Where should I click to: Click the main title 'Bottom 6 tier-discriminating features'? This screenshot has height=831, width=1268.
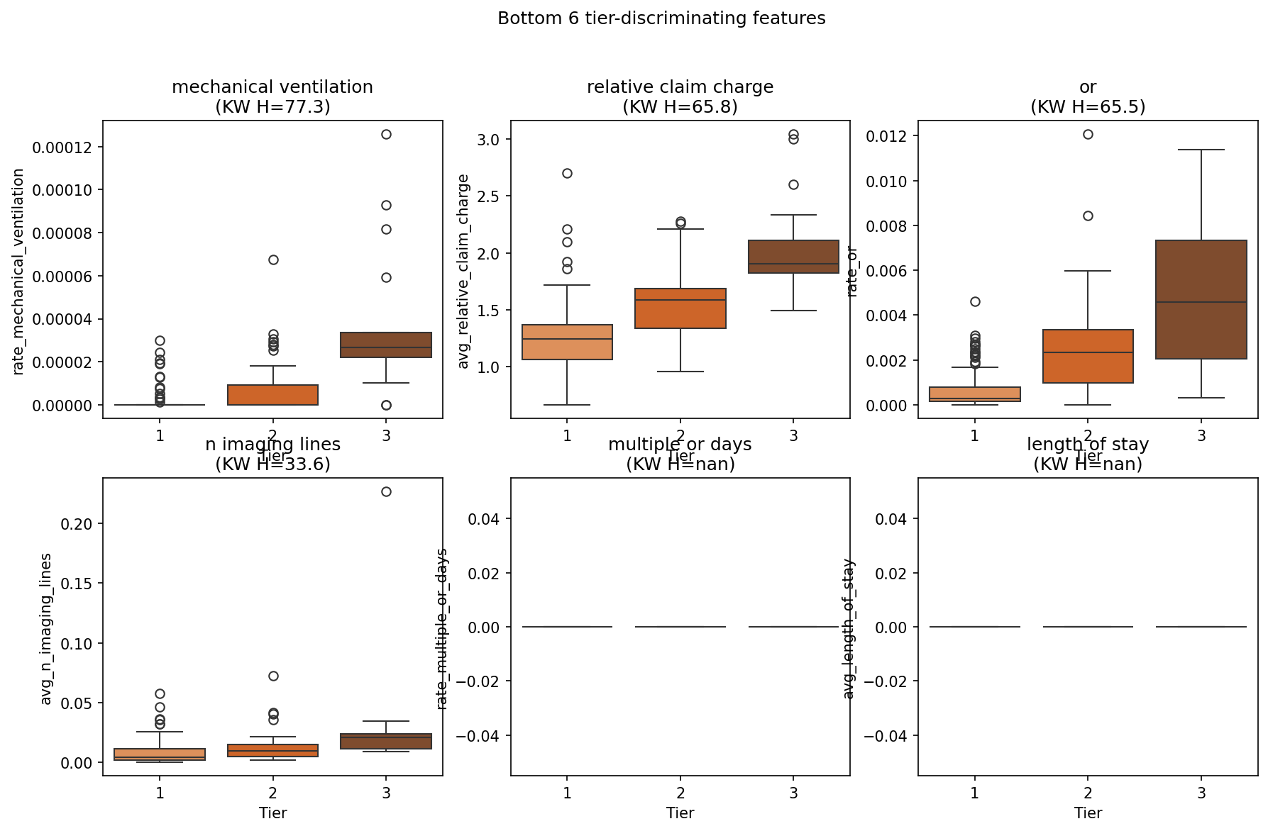click(x=661, y=18)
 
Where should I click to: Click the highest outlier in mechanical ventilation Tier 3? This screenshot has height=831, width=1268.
click(x=386, y=134)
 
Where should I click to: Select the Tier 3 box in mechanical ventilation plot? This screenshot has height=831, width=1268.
click(x=386, y=345)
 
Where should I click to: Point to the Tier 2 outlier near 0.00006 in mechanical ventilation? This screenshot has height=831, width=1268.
click(x=273, y=260)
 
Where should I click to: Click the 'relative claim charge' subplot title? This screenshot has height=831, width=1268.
click(x=680, y=87)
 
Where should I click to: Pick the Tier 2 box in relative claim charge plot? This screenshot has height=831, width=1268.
click(x=680, y=308)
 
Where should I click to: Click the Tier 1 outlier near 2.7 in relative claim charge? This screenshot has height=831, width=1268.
click(x=567, y=173)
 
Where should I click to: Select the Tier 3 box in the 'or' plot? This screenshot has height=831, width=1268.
click(x=1201, y=300)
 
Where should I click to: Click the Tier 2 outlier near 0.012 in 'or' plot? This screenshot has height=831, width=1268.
click(x=1088, y=134)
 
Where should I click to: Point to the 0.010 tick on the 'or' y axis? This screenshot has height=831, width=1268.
click(x=886, y=182)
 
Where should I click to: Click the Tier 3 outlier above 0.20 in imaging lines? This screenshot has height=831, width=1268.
click(x=386, y=491)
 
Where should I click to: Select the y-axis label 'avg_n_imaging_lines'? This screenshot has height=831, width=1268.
click(x=46, y=629)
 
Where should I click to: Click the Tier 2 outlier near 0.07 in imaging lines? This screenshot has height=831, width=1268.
click(x=273, y=676)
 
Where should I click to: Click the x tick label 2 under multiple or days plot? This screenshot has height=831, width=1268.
click(x=680, y=793)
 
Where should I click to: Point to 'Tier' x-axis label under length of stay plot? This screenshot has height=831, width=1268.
click(x=1088, y=813)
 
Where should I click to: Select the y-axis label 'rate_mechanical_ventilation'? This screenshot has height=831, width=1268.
click(x=18, y=272)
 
